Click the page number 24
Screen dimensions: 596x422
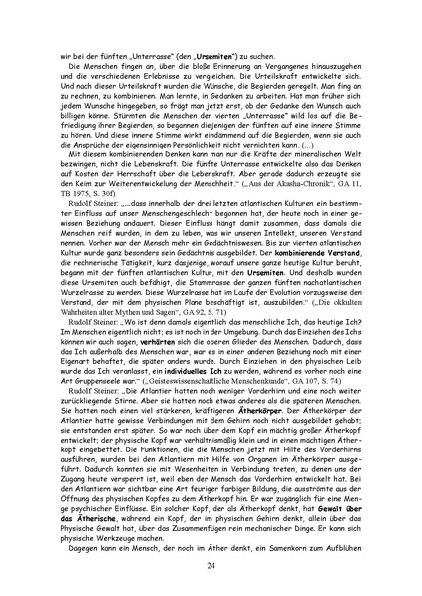point(211,566)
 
